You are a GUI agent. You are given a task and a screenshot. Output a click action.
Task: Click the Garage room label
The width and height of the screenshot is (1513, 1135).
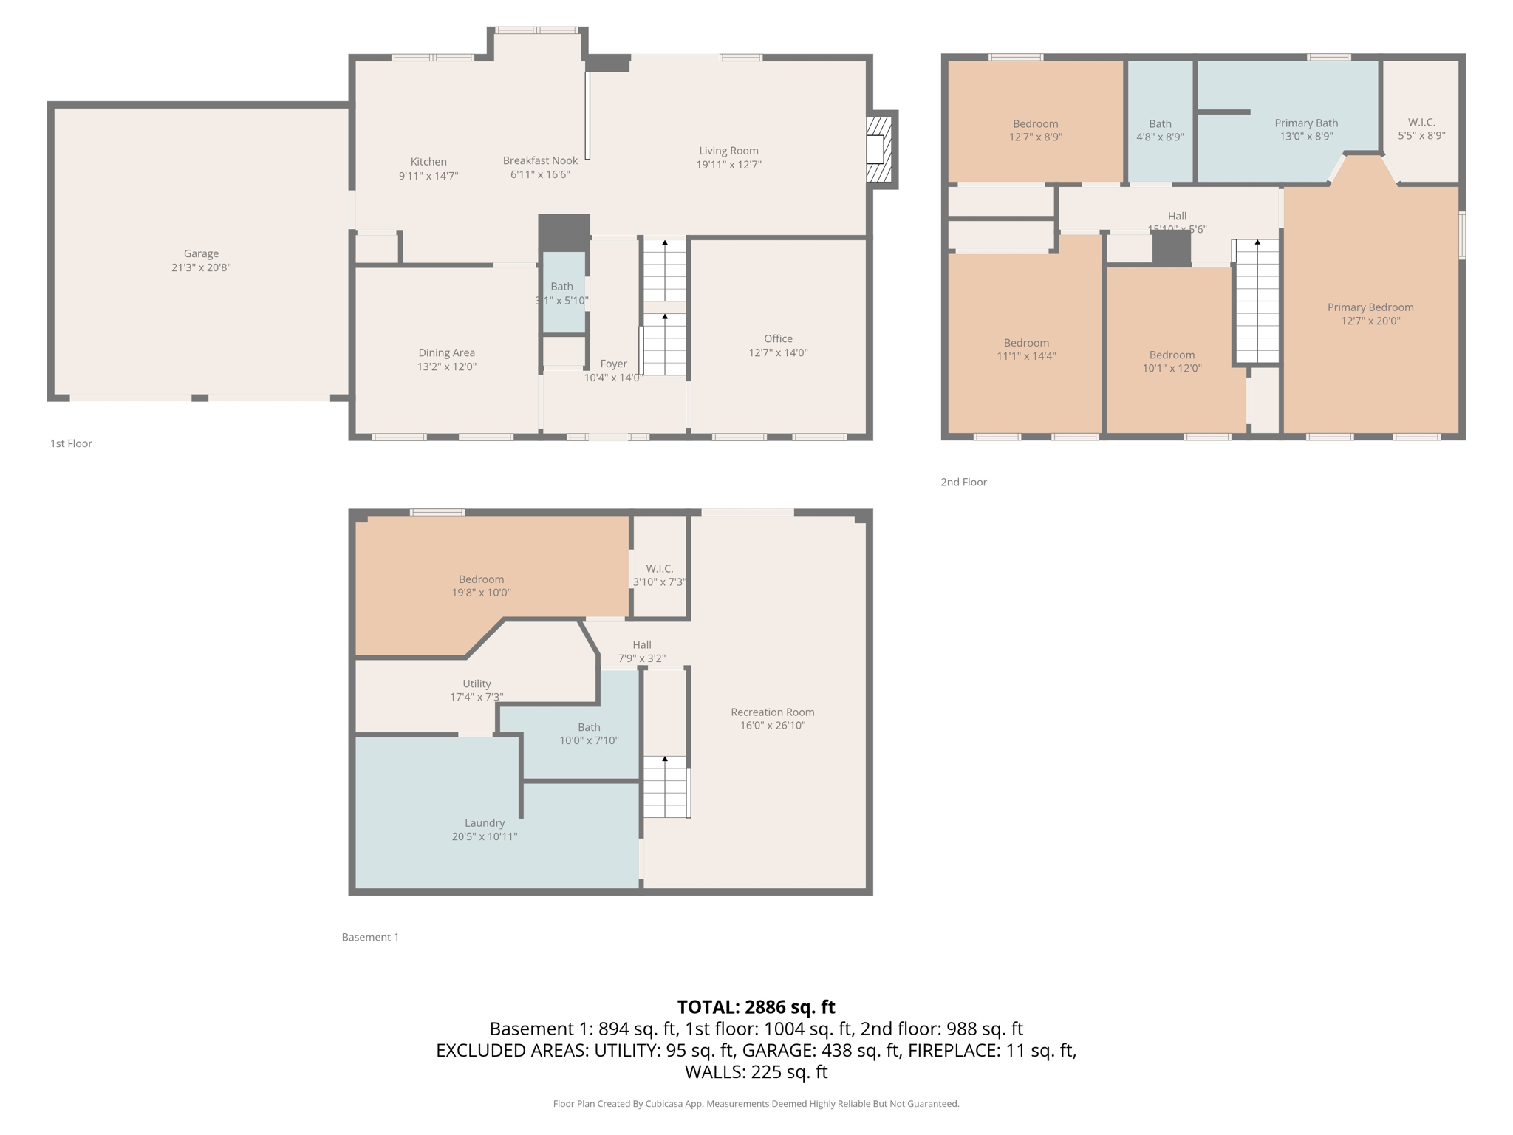point(201,253)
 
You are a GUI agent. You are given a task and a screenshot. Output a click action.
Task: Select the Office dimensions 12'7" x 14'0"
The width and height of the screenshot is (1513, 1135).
point(778,352)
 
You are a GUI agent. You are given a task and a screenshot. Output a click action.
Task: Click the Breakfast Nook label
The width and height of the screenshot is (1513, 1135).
point(540,160)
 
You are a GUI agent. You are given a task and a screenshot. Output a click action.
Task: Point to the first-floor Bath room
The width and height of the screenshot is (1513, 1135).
point(564,292)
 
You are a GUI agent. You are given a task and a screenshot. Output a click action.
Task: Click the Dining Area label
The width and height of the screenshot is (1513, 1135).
point(446,352)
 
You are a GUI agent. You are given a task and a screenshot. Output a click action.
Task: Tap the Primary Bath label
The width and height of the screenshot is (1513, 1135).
point(1305,123)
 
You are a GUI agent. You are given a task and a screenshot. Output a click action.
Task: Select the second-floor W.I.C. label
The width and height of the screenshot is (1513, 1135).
point(1421,122)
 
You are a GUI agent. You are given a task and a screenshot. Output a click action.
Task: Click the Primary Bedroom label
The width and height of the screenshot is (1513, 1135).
point(1370,307)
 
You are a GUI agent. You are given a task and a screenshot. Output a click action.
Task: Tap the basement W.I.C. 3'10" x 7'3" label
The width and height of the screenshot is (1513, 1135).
point(659,575)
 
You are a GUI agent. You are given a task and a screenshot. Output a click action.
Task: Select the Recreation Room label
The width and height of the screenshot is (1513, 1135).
point(772,712)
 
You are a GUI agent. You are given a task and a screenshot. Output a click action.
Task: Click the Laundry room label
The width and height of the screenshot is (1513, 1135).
point(485,822)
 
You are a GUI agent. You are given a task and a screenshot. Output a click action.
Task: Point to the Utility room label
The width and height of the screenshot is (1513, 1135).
point(477,684)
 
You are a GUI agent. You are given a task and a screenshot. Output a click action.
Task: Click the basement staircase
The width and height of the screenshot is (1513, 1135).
point(666,786)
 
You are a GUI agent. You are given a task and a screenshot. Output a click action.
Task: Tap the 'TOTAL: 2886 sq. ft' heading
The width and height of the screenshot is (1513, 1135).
point(756,1006)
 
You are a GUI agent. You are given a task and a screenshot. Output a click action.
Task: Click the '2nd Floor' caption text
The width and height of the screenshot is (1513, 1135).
point(963,482)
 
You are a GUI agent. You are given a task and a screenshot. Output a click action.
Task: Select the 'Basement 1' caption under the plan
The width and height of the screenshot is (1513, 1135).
point(370,937)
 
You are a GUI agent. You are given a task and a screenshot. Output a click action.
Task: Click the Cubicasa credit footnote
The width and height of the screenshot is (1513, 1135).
point(756,1103)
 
